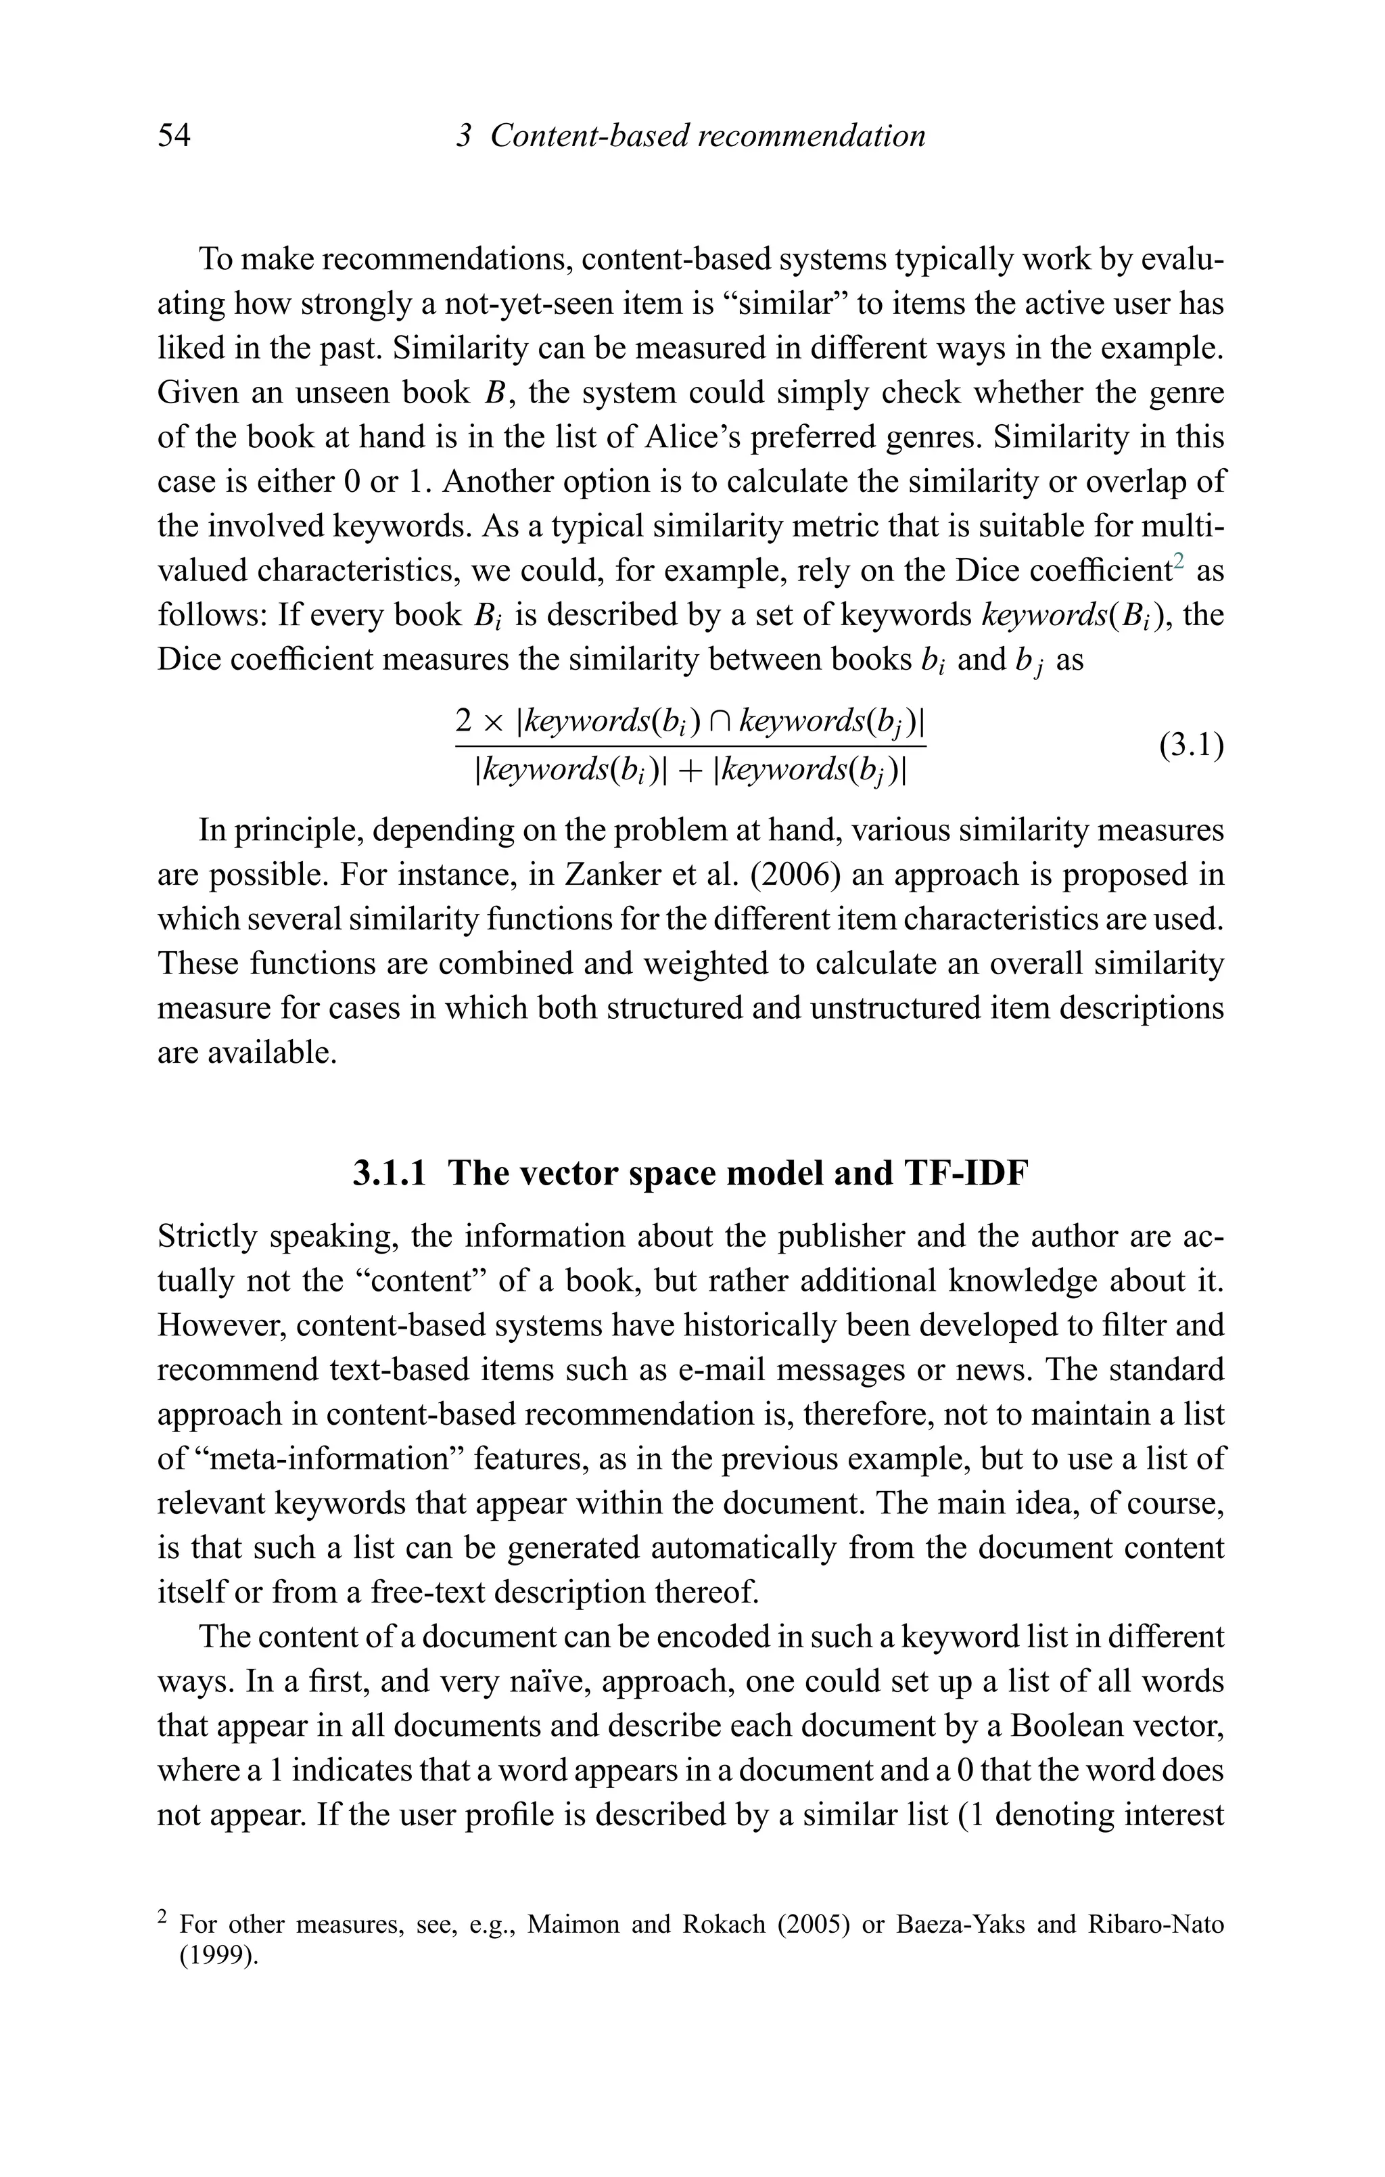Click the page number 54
pos(174,137)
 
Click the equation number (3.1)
pos(1192,746)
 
